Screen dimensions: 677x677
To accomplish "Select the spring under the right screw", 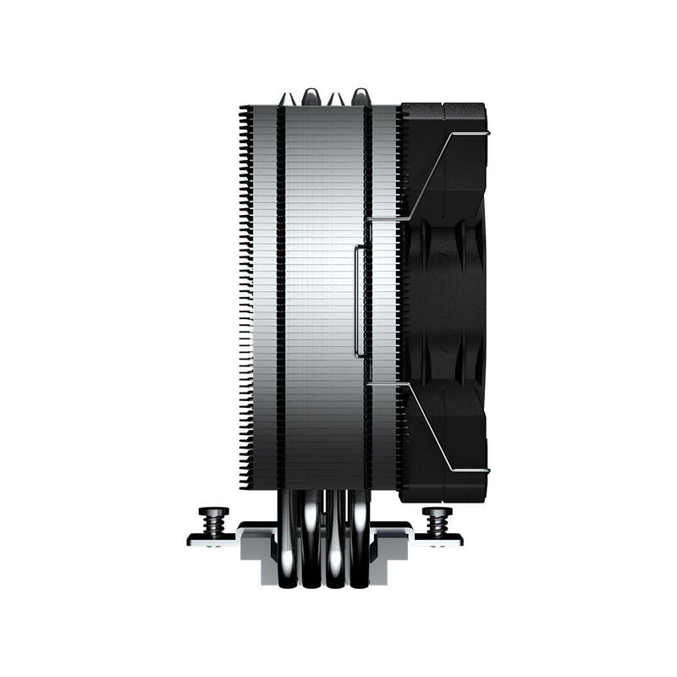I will [437, 526].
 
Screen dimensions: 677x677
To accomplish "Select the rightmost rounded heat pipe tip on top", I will [360, 95].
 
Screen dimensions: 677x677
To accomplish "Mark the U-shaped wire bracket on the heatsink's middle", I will [359, 300].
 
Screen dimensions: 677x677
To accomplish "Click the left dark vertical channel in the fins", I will [280, 296].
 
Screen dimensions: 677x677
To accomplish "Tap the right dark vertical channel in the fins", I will [368, 296].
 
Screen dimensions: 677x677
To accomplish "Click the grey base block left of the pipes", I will [256, 550].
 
